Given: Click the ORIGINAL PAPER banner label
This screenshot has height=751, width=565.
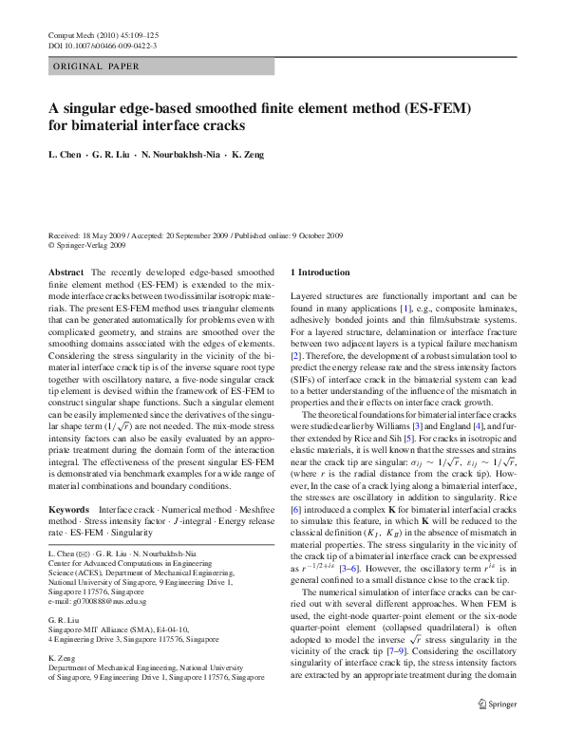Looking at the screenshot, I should [97, 66].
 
